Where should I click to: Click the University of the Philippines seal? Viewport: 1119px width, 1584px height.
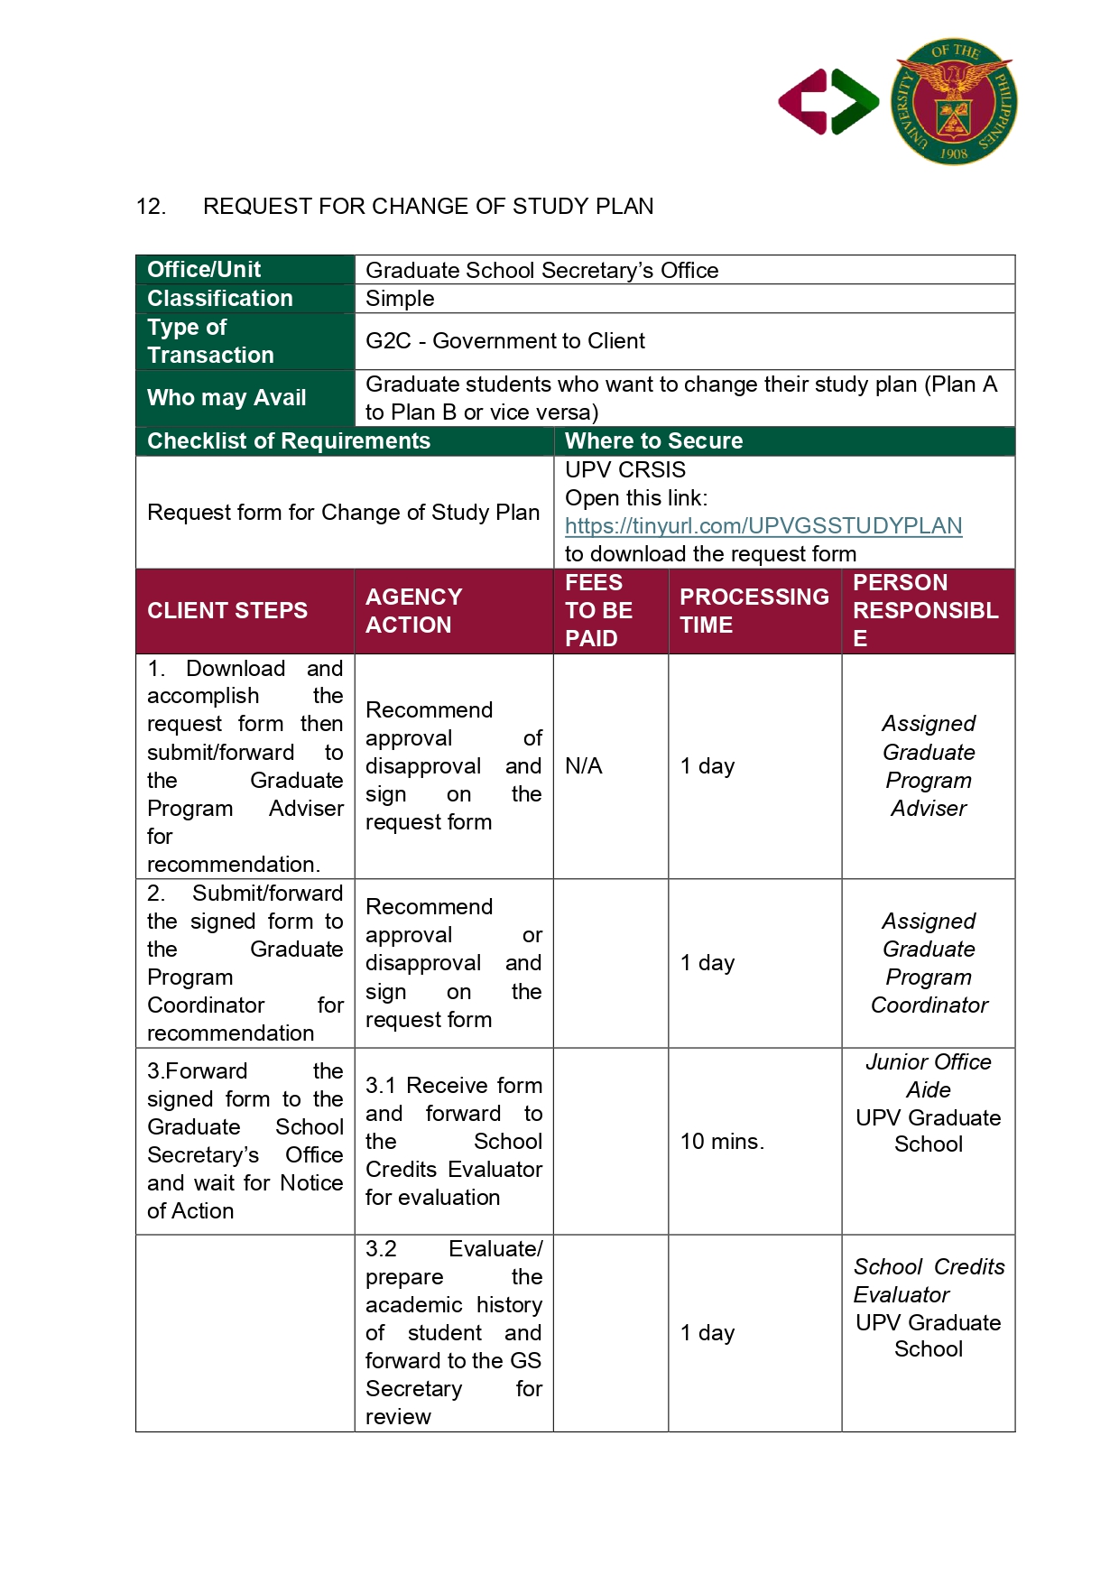tap(954, 101)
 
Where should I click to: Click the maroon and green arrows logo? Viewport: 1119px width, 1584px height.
tap(828, 102)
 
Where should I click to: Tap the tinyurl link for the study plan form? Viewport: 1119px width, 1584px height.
tap(763, 525)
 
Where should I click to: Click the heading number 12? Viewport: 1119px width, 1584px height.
tap(151, 207)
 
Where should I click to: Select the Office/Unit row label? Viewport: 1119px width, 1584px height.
tap(205, 270)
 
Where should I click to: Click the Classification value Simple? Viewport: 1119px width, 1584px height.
tap(400, 299)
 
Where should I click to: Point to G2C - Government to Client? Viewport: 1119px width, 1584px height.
tap(505, 341)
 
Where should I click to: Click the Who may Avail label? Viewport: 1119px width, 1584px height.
tap(227, 398)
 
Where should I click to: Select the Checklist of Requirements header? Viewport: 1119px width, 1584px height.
tap(289, 441)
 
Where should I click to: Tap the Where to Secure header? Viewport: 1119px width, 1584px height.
tap(653, 441)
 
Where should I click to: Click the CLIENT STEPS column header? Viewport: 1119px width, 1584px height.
tap(227, 611)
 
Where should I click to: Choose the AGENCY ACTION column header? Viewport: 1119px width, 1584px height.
tap(414, 611)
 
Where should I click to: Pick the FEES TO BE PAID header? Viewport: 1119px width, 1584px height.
tap(598, 611)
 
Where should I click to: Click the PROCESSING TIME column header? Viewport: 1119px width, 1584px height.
tap(754, 611)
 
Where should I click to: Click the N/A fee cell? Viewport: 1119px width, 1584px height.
tap(584, 766)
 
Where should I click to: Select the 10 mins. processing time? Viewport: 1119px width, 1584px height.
tap(722, 1142)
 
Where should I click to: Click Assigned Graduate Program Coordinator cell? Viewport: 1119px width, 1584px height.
tap(929, 963)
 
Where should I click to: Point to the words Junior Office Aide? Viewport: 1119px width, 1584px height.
tap(929, 1076)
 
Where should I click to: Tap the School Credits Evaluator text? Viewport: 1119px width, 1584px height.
tap(929, 1281)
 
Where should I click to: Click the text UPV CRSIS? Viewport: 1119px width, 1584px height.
tap(625, 470)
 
